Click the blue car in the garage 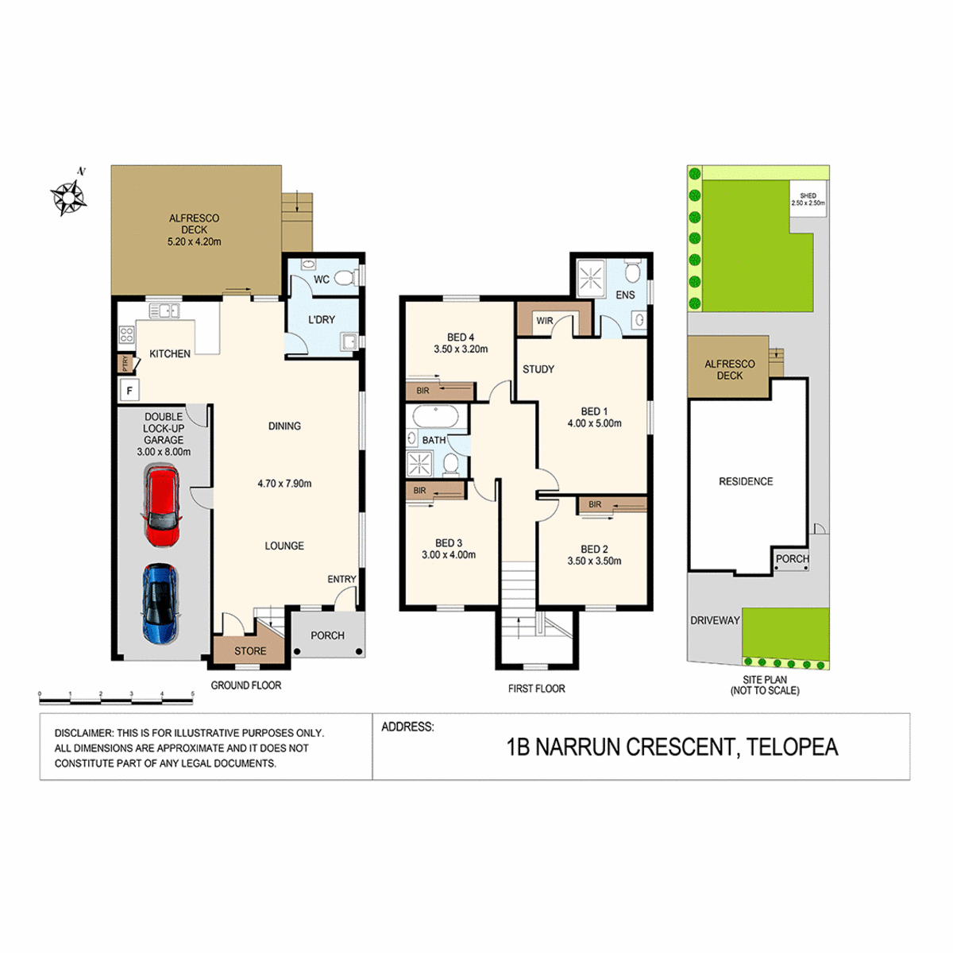[161, 604]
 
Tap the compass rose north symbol [69, 197]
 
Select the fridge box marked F [129, 391]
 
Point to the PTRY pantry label [125, 364]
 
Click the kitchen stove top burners [126, 335]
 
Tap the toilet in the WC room [348, 279]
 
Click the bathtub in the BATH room [436, 417]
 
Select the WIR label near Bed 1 [545, 321]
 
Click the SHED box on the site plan [808, 199]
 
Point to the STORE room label [250, 651]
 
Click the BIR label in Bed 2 [595, 504]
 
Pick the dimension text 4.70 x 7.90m [284, 484]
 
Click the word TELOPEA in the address [793, 747]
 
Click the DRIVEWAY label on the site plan [715, 620]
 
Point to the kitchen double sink [164, 311]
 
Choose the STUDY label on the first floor [538, 369]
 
